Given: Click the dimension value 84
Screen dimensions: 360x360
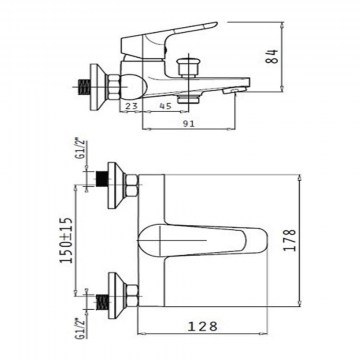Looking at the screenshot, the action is click(273, 56).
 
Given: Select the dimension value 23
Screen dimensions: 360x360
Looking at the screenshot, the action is click(131, 106).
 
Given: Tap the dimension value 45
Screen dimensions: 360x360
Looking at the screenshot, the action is click(165, 106).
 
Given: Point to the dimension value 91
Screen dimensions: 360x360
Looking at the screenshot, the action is click(189, 124).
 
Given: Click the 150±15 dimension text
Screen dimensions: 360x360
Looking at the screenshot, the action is click(66, 240).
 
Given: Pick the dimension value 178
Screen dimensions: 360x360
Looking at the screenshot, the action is click(289, 240).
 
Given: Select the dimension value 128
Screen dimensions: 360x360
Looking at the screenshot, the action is click(202, 326).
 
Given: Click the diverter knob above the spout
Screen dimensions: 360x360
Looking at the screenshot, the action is click(188, 67).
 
